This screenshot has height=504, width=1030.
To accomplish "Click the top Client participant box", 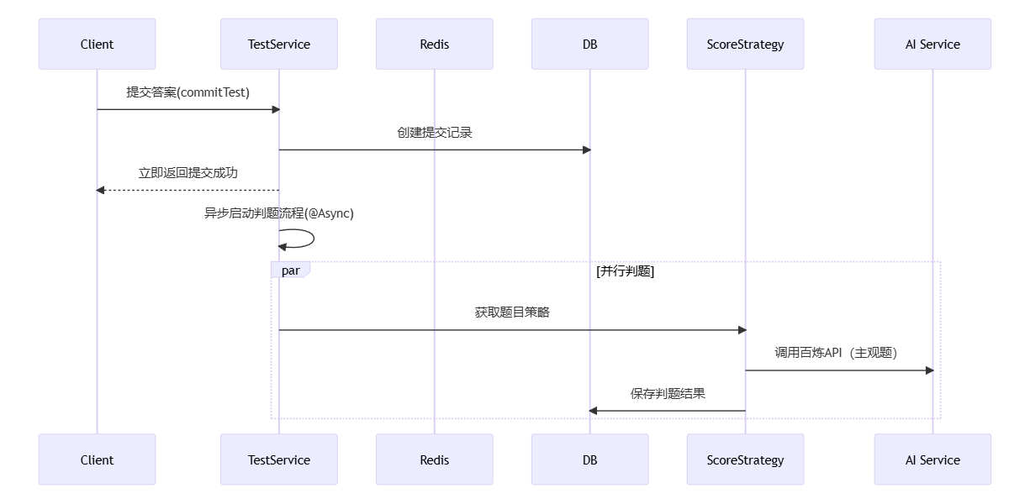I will (97, 44).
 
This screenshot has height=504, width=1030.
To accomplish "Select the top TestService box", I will (278, 44).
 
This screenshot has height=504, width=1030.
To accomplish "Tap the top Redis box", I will (434, 44).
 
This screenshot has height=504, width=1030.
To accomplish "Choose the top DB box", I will (589, 44).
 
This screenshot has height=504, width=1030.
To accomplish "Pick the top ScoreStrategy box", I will (745, 44).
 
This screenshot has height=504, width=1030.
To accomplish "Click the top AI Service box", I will (932, 44).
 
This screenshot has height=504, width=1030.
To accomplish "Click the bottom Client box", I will (97, 459).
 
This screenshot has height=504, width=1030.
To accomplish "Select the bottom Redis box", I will (434, 459).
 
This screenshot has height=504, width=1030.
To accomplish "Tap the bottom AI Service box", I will (932, 459).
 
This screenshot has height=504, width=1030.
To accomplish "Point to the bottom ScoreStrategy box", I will (745, 459).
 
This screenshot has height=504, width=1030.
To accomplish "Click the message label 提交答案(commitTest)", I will (188, 92).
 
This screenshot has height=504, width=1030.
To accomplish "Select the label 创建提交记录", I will (434, 133).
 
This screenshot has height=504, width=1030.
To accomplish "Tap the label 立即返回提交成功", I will (188, 173).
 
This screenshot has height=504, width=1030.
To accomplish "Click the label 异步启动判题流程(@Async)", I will (278, 213).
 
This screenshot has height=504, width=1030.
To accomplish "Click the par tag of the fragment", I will (290, 270).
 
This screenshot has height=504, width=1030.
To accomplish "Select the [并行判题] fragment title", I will (625, 270).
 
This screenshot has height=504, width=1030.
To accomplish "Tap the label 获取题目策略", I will (512, 312).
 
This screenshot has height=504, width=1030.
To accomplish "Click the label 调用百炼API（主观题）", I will (838, 353).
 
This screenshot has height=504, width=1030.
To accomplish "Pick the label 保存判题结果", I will (668, 393).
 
